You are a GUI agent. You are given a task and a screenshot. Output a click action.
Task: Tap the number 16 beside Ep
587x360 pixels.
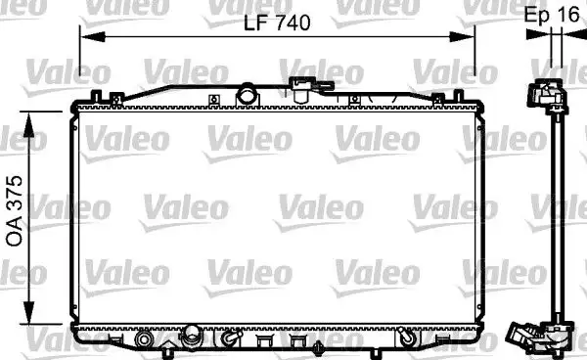pos(567,16)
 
